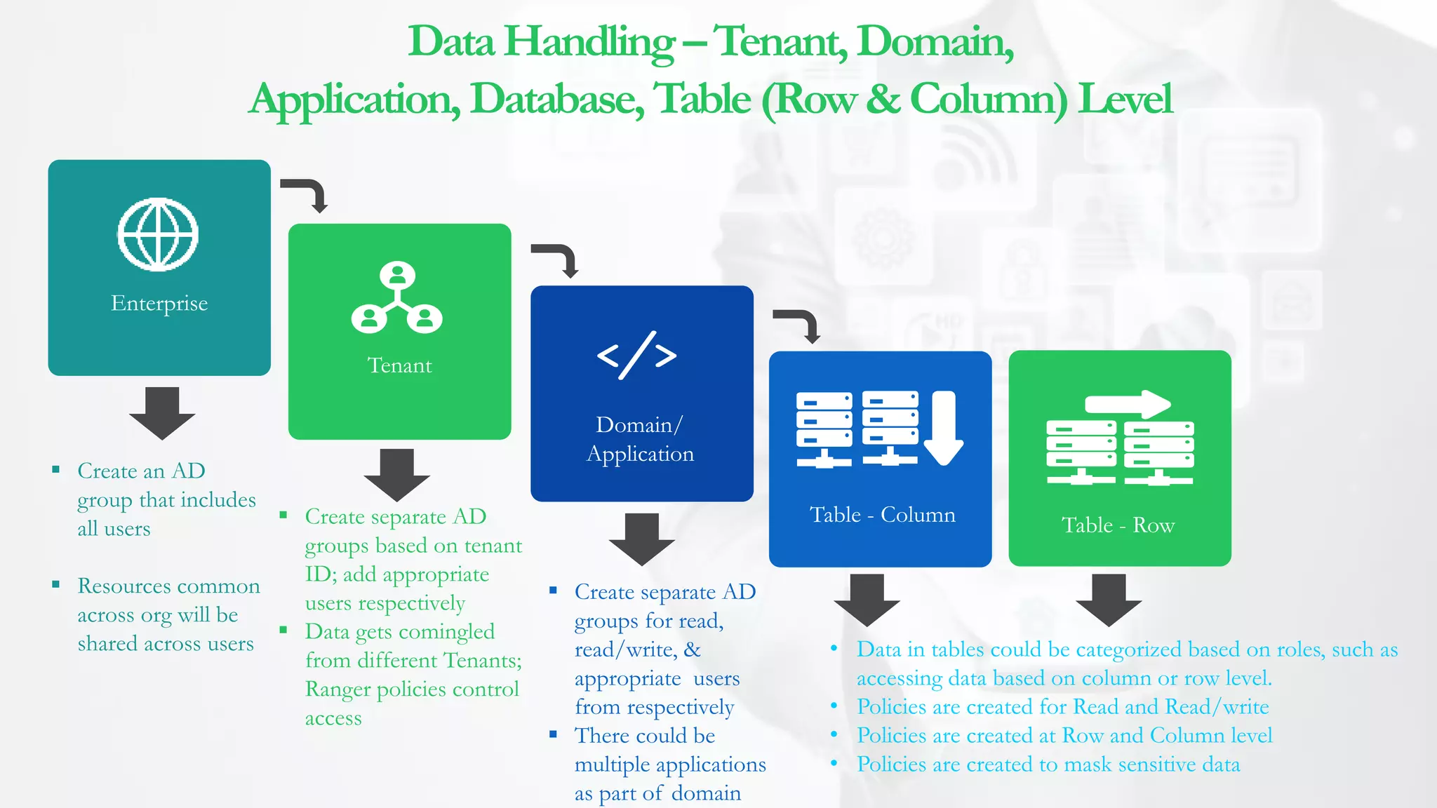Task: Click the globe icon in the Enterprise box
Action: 158,234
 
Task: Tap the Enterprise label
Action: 159,303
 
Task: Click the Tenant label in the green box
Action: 399,365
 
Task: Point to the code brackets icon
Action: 636,355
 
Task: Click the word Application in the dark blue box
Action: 640,454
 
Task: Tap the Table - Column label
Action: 882,515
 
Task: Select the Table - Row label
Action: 1118,525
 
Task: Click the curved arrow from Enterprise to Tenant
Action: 307,193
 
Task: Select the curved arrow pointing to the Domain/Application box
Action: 558,259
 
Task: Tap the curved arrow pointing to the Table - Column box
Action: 799,324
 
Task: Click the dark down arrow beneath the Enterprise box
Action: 162,412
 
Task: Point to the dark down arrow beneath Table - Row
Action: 1109,600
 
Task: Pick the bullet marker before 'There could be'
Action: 554,734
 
